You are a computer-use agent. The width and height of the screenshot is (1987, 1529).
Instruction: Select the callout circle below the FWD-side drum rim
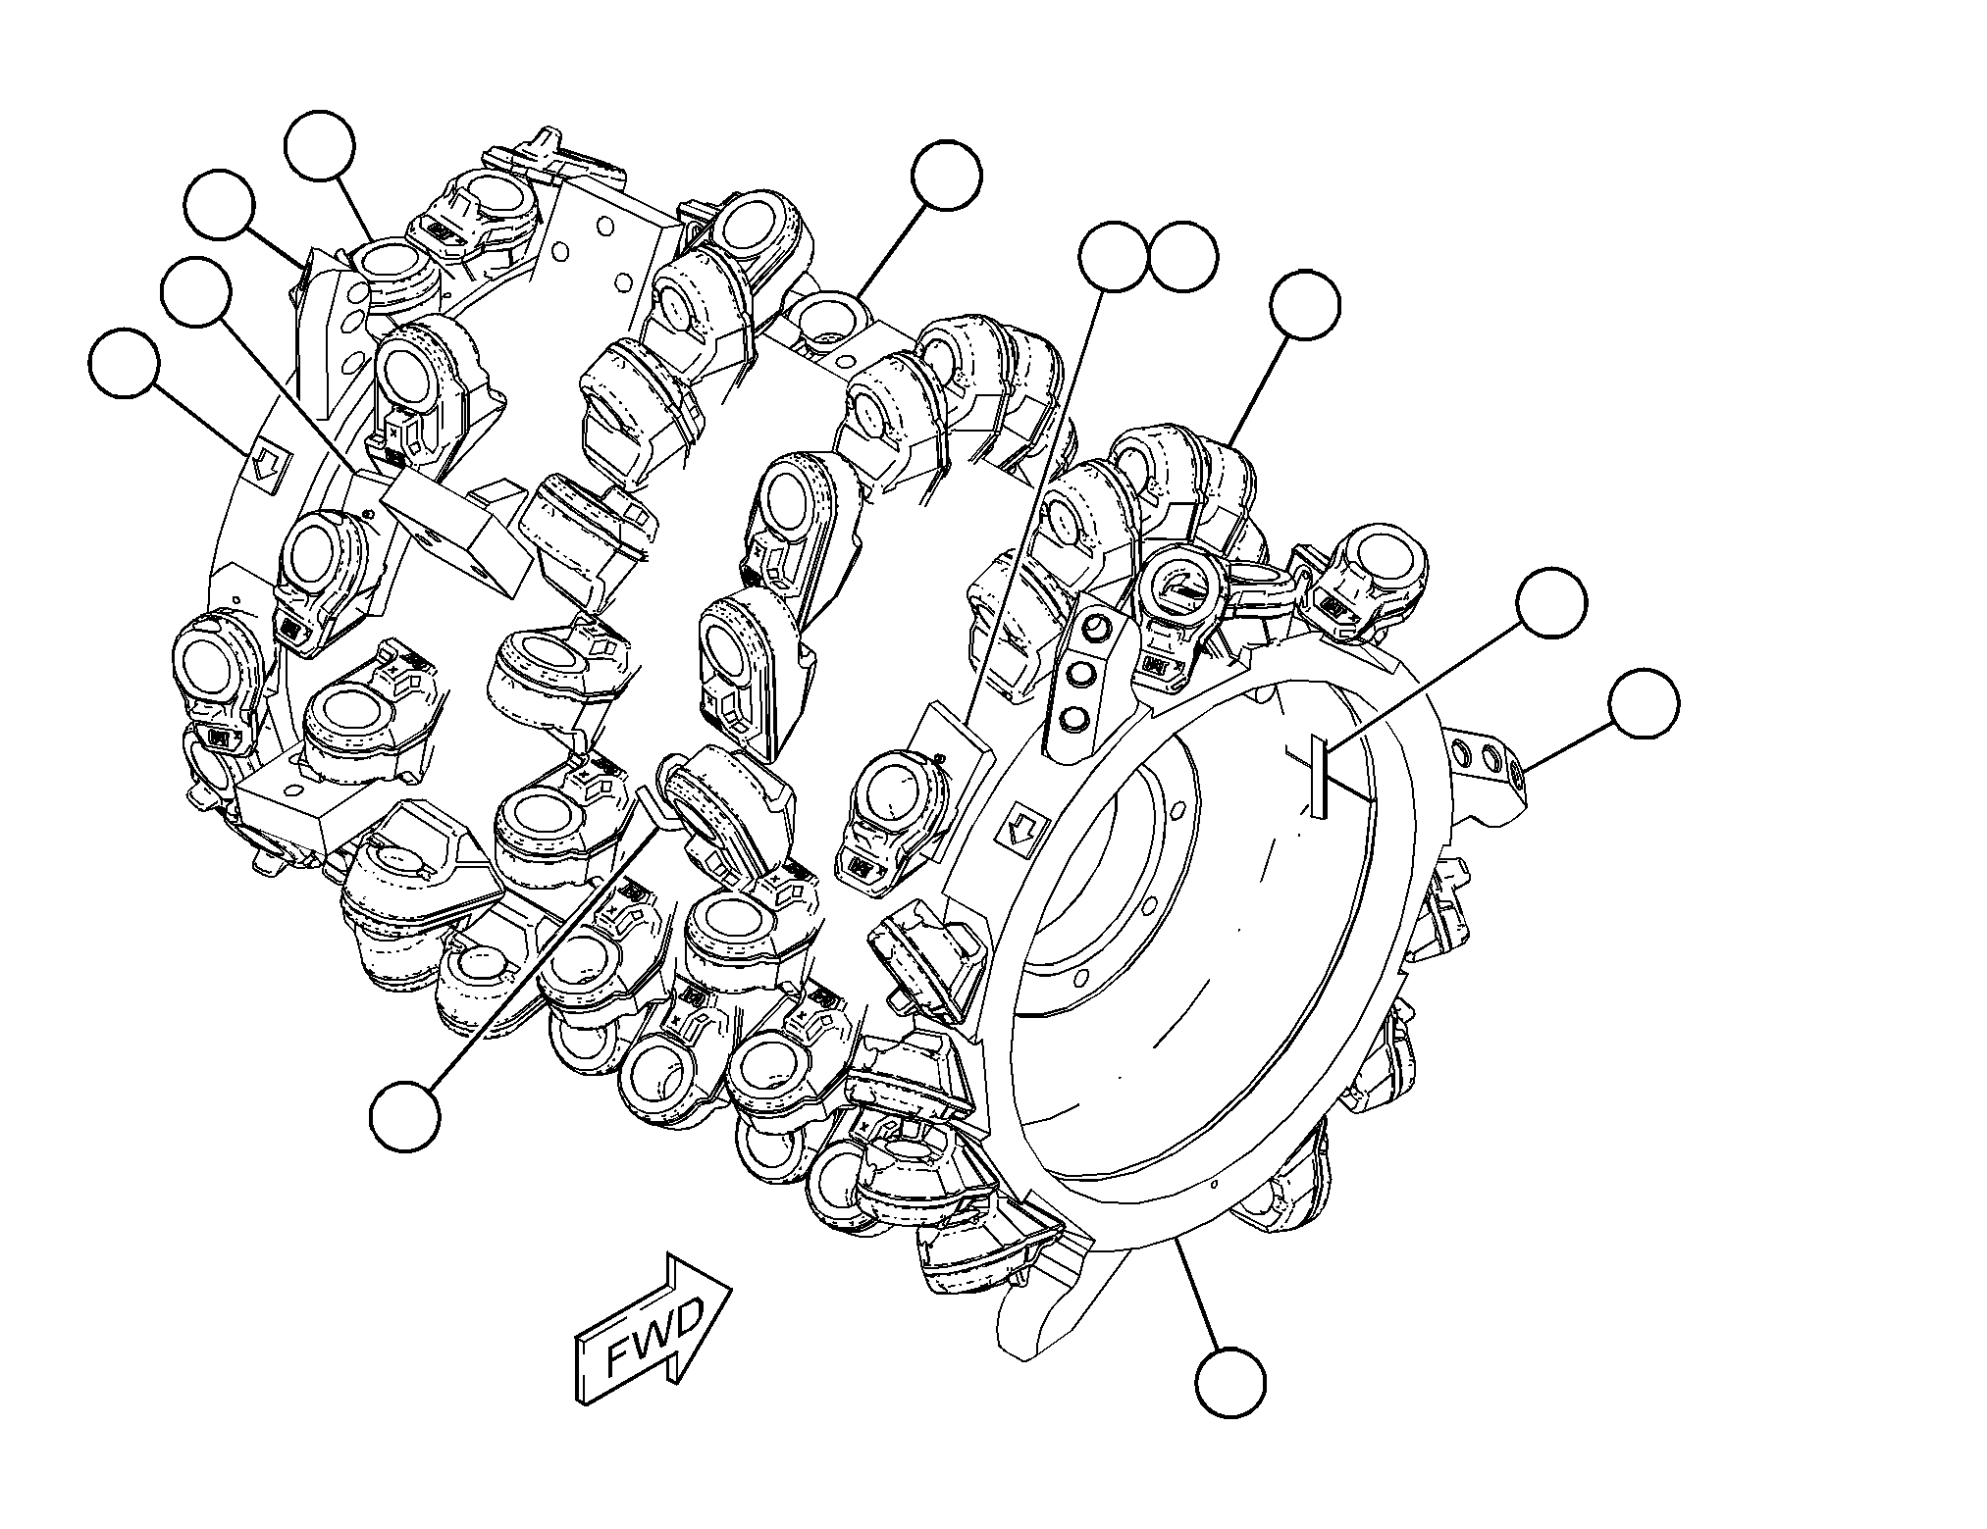point(1230,1382)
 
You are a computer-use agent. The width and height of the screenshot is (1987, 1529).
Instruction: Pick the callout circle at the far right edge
point(1645,704)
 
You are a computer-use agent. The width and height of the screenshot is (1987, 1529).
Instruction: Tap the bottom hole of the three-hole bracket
point(1076,718)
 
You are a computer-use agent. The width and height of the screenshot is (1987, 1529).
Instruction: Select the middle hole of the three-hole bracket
point(1083,673)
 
